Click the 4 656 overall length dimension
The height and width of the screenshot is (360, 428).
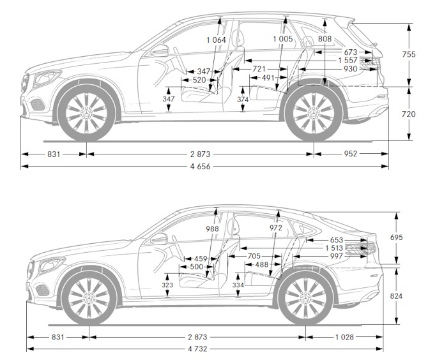(x=201, y=167)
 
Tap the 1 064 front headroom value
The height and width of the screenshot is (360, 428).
(x=217, y=40)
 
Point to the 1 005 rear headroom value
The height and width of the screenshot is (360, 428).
(x=282, y=40)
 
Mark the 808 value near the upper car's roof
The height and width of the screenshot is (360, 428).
(x=325, y=40)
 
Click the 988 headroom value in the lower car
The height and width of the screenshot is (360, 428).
(x=212, y=229)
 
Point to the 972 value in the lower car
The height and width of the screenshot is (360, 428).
(x=276, y=229)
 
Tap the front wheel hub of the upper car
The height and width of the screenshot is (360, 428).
(x=86, y=111)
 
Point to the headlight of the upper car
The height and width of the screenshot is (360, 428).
(x=45, y=79)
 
